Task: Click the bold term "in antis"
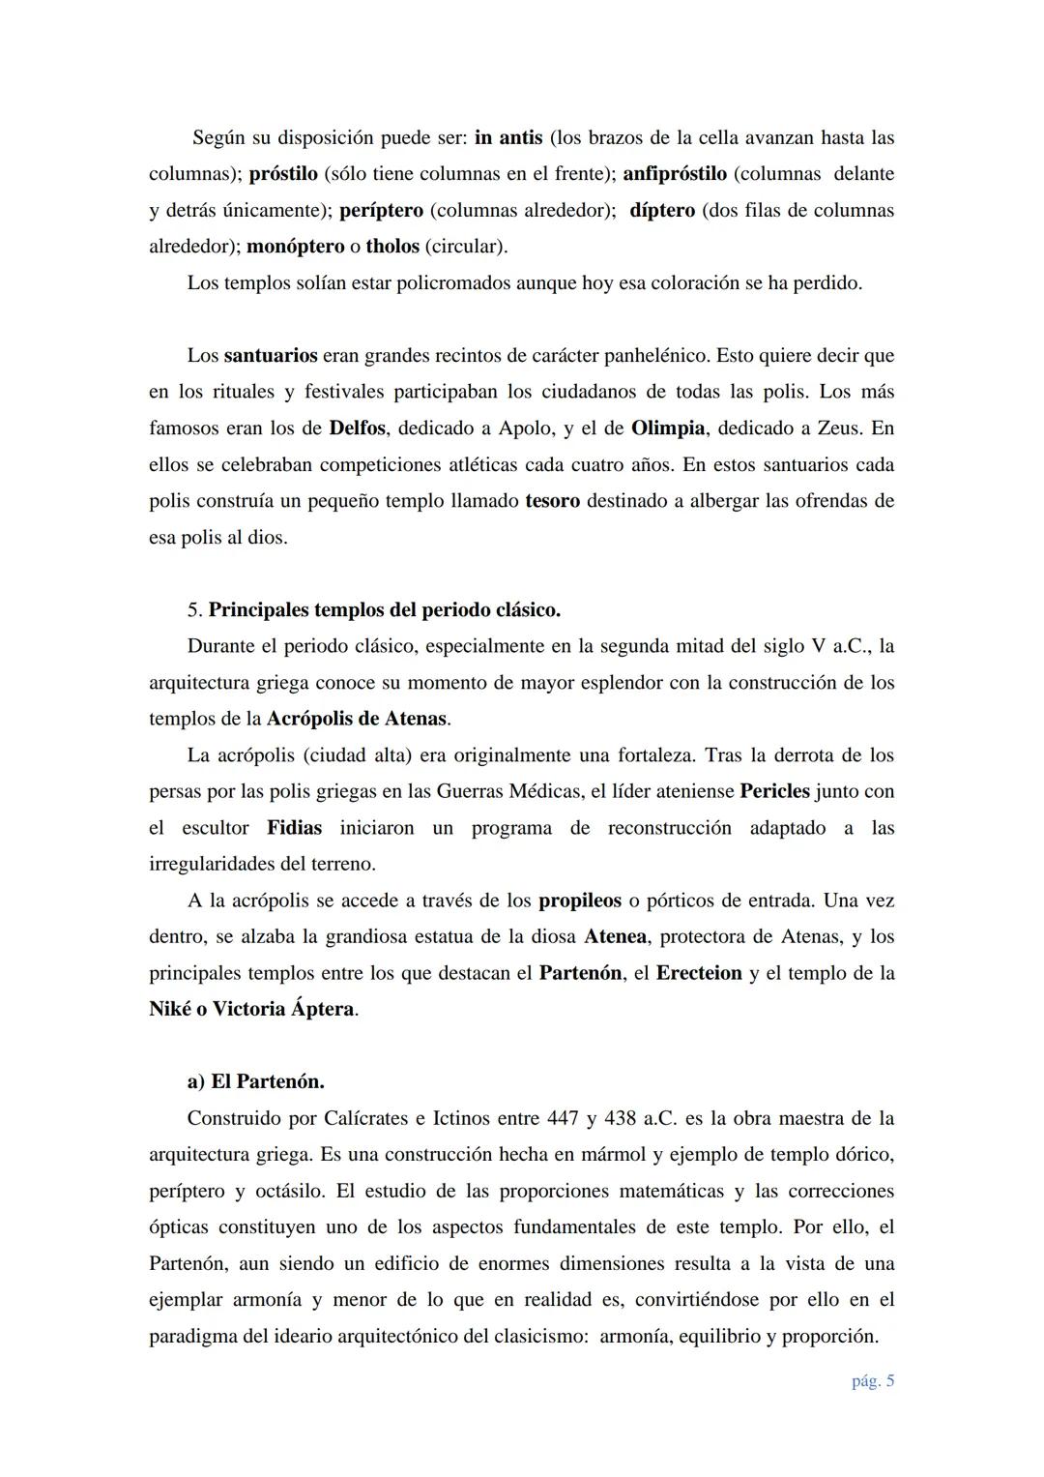(x=508, y=137)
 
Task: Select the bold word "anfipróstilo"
(x=674, y=174)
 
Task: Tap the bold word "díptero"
(x=662, y=210)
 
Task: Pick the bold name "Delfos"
(x=358, y=428)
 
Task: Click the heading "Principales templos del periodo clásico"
(x=384, y=610)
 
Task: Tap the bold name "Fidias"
(x=295, y=828)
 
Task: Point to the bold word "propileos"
(x=580, y=901)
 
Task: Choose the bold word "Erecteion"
(x=699, y=973)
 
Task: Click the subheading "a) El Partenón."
(x=255, y=1081)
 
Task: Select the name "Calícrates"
(x=348, y=1118)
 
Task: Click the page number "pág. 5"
(x=872, y=1380)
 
